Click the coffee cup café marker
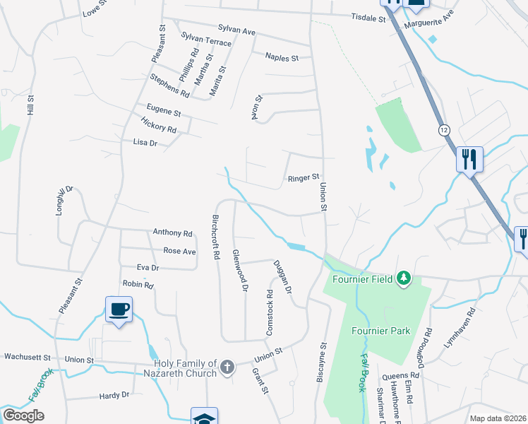(119, 309)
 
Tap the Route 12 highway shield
(444, 130)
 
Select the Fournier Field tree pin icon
(403, 278)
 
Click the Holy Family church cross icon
(227, 367)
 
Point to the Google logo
(23, 416)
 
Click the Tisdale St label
(368, 18)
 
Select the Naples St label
(282, 57)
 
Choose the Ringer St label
(304, 177)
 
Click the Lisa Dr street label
(145, 143)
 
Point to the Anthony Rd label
(173, 232)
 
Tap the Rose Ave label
(179, 251)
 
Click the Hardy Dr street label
(114, 395)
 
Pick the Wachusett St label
(28, 357)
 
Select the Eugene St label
(164, 112)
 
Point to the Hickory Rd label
(159, 128)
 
